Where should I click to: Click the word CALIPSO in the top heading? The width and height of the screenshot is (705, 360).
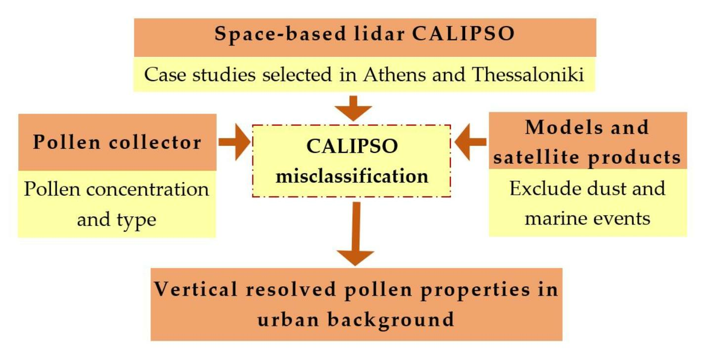click(x=463, y=34)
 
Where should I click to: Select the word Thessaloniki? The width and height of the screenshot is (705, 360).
click(x=528, y=75)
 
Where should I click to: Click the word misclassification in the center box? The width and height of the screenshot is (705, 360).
click(x=352, y=176)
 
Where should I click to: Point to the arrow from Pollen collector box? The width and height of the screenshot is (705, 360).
click(x=234, y=142)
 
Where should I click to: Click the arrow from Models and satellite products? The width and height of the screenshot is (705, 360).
click(x=471, y=142)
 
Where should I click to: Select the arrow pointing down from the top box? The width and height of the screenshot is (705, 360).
click(x=353, y=109)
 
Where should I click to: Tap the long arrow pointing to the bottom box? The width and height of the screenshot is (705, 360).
click(x=355, y=234)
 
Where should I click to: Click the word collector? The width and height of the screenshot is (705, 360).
click(x=155, y=142)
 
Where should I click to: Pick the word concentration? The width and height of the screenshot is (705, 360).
click(x=148, y=189)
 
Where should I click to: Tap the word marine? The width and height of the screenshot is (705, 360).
click(x=554, y=219)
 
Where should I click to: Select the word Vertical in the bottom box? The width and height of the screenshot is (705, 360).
click(x=195, y=289)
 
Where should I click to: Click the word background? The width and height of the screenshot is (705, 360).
click(x=391, y=320)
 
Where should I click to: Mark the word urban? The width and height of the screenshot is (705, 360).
click(x=288, y=319)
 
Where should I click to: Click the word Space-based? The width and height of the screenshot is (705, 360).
click(x=280, y=34)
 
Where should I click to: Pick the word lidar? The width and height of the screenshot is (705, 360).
click(x=379, y=34)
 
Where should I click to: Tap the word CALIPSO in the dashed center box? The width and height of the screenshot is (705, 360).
click(x=352, y=146)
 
